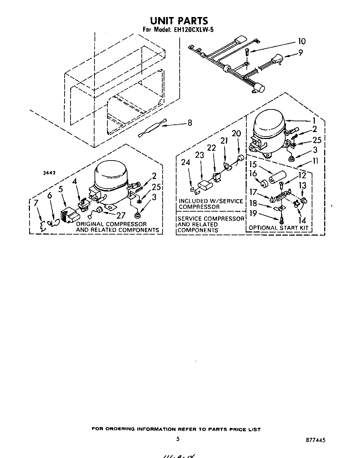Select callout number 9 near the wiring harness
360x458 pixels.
pos(300,53)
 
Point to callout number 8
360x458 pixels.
pos(189,123)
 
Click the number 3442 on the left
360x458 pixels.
pos(50,173)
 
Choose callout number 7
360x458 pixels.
pos(36,203)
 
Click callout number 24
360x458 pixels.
pos(186,162)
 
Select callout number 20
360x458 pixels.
pos(236,133)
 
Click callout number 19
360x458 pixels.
pos(253,213)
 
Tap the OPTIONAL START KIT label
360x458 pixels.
pos(278,228)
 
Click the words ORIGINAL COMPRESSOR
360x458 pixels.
pos(111,224)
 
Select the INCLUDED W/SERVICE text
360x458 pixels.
pos(211,201)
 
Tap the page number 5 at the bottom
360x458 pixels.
pos(178,439)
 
